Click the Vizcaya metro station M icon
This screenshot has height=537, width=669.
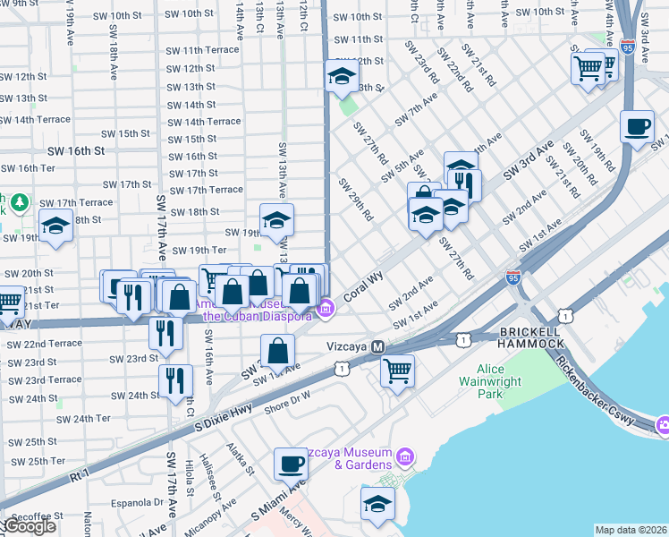(378, 346)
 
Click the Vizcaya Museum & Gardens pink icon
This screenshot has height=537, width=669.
(405, 458)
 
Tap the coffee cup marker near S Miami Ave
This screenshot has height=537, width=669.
(291, 465)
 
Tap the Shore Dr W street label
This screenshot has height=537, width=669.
(287, 402)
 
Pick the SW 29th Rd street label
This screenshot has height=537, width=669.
(354, 199)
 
